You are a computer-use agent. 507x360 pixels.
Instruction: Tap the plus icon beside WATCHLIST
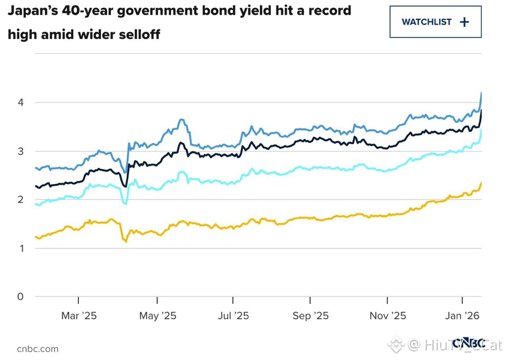pyautogui.click(x=464, y=22)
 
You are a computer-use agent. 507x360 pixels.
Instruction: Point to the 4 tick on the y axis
pyautogui.click(x=20, y=103)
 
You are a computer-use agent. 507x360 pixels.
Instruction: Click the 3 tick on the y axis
pyautogui.click(x=20, y=152)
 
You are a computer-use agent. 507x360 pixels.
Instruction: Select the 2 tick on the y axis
pyautogui.click(x=20, y=200)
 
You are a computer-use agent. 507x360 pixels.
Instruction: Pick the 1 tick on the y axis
pyautogui.click(x=20, y=248)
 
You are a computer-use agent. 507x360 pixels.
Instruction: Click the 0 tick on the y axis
pyautogui.click(x=20, y=296)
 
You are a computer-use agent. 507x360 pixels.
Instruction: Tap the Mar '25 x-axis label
pyautogui.click(x=79, y=315)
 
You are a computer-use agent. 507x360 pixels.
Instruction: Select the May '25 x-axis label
pyautogui.click(x=157, y=315)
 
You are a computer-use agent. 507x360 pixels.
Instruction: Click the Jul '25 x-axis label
pyautogui.click(x=233, y=315)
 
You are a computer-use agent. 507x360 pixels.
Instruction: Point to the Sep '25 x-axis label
pyautogui.click(x=311, y=315)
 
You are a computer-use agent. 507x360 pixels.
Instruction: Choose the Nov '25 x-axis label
pyautogui.click(x=388, y=315)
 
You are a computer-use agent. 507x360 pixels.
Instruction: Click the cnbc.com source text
pyautogui.click(x=38, y=348)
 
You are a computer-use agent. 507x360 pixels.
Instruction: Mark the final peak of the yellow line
pyautogui.click(x=481, y=183)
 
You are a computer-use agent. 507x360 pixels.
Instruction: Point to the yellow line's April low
pyautogui.click(x=126, y=242)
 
